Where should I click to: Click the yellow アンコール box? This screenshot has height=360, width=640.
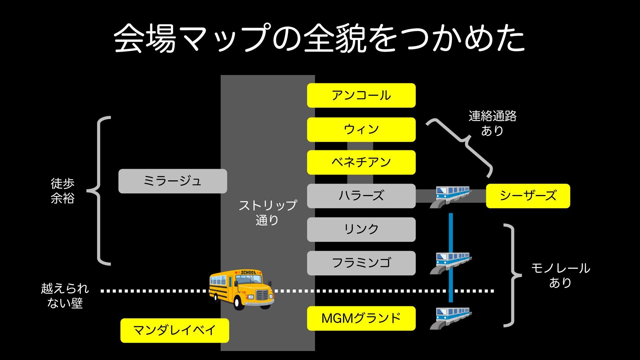[361, 95]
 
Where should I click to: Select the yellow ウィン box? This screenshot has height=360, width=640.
[361, 129]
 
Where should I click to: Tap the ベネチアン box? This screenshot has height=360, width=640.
[361, 162]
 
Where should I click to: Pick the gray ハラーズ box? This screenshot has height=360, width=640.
[361, 196]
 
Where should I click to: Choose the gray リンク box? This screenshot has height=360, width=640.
[361, 229]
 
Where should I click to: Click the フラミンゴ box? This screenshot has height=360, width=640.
[361, 263]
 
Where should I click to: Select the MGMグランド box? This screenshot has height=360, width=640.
[361, 318]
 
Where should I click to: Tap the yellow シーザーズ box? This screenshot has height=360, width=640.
[528, 196]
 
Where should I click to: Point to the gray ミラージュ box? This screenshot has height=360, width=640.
[173, 181]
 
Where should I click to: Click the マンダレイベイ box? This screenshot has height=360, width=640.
[175, 330]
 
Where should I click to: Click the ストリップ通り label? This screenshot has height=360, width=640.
[267, 213]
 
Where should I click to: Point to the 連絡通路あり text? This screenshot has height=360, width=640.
[492, 123]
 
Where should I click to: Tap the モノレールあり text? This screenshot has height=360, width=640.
[560, 275]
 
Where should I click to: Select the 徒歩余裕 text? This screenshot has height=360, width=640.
[63, 191]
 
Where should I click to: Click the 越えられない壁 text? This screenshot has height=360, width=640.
[65, 296]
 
